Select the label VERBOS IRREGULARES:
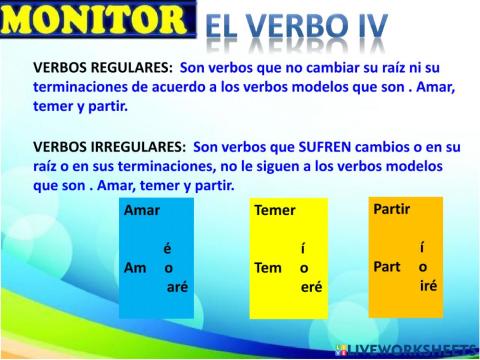tap(110, 145)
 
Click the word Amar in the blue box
tap(142, 211)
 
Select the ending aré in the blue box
tap(177, 286)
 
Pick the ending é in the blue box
tap(167, 249)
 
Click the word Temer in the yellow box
tap(275, 211)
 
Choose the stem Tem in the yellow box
tap(269, 268)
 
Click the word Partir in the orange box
tap(392, 209)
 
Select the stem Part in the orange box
tap(387, 267)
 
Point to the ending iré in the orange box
tap(427, 285)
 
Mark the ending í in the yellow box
tap(302, 249)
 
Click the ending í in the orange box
tap(423, 247)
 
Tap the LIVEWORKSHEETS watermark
tap(407, 350)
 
